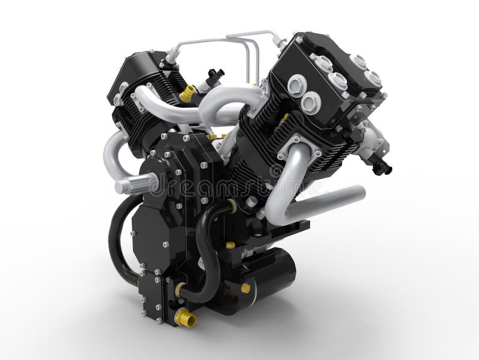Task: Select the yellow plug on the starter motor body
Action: tap(245, 288)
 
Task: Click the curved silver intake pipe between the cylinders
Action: tap(228, 105)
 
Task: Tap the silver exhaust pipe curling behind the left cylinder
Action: tap(114, 153)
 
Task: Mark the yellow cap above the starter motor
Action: tap(231, 245)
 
